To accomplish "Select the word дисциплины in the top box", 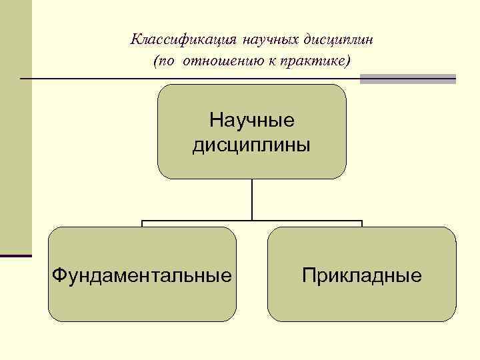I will (252, 144).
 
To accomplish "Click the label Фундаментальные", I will (143, 275).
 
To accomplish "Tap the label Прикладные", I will (361, 275).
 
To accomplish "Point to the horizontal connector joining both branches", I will (252, 221).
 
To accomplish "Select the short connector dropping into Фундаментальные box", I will (143, 224).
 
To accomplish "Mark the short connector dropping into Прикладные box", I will (361, 224).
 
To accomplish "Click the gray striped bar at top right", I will (408, 79).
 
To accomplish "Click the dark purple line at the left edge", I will (16, 255).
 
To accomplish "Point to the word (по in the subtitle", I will (163, 61).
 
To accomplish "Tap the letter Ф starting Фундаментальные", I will (58, 275).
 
